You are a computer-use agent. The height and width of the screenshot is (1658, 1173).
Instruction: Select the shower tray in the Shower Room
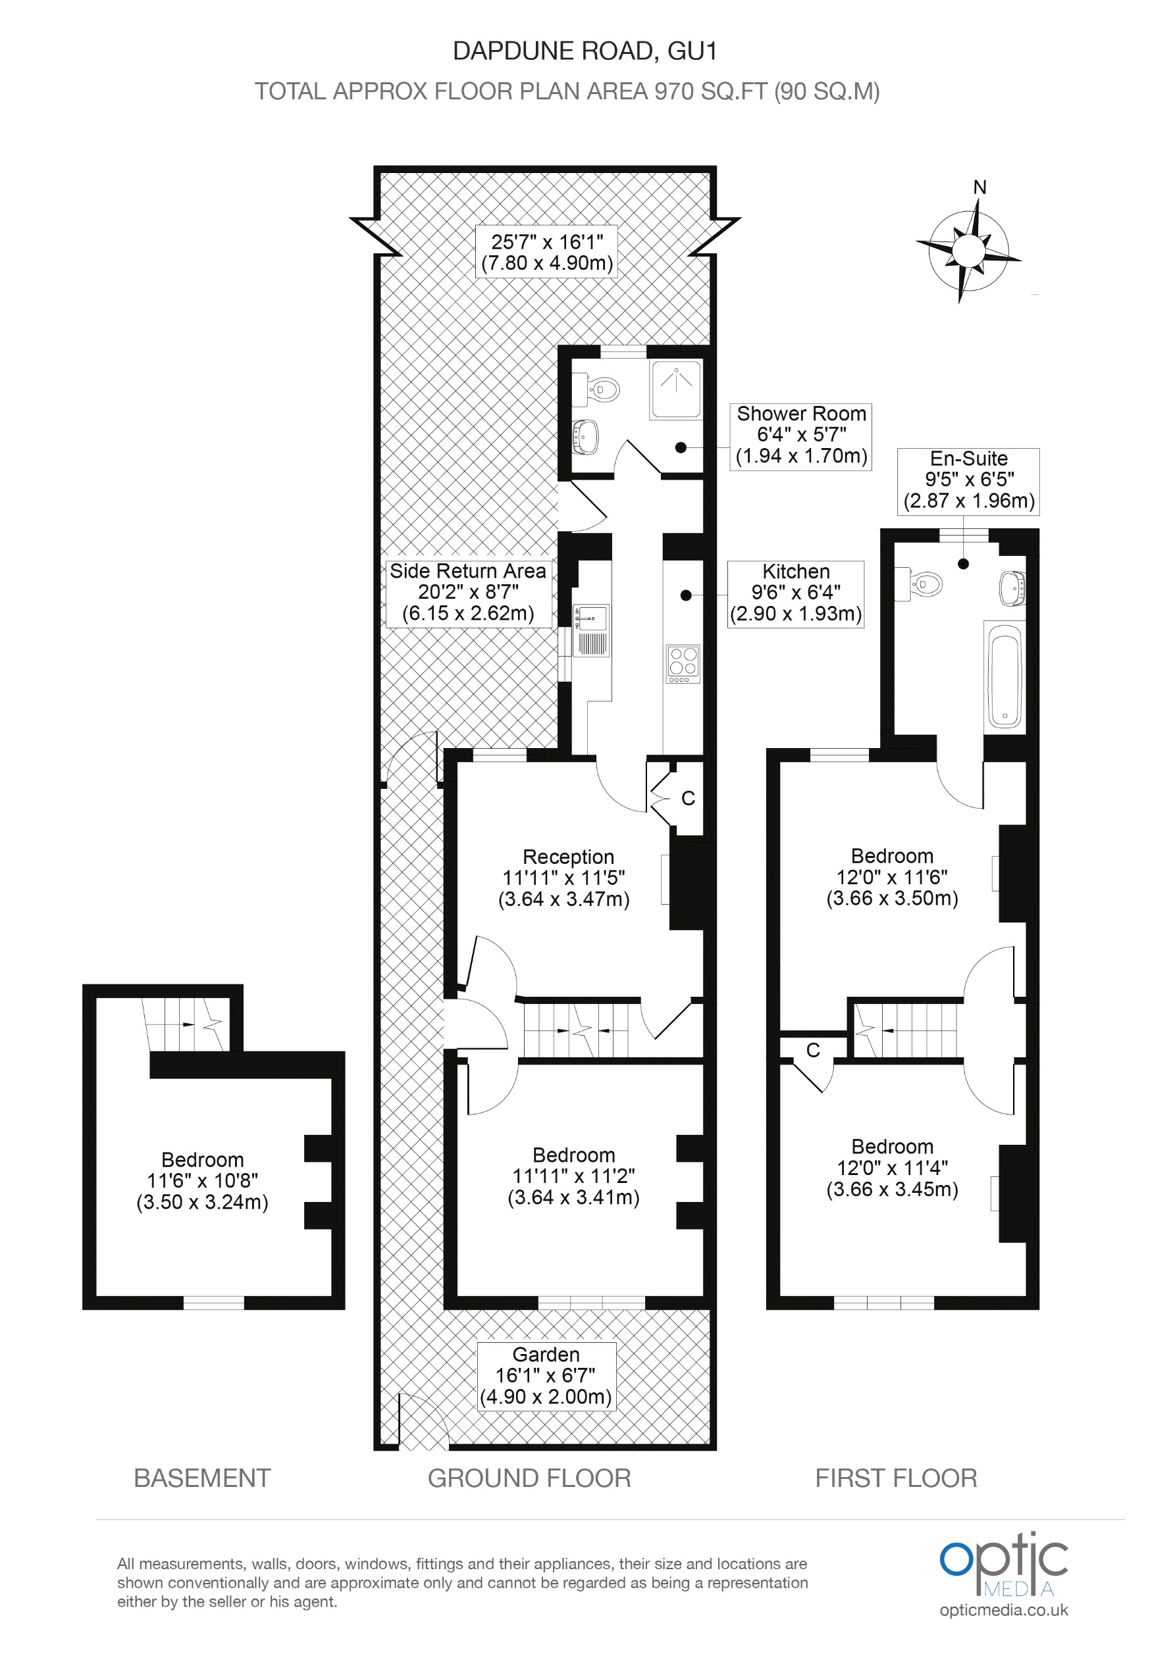(675, 389)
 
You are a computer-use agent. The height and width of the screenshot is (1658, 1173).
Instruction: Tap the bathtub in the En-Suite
(1004, 676)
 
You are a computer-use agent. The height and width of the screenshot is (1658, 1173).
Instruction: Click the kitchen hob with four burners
(683, 663)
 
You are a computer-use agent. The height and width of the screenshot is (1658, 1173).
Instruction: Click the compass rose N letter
(979, 187)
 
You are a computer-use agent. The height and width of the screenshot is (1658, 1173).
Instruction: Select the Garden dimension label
(547, 1375)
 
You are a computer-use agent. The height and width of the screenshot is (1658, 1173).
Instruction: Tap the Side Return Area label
(468, 591)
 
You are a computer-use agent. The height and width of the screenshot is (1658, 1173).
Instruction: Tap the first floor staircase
(905, 1030)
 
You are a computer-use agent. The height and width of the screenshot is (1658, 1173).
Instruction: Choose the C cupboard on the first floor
(812, 1050)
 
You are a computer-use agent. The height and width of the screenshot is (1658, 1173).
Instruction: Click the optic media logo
(1003, 1574)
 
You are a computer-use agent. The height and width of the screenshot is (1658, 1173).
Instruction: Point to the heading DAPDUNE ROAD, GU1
(585, 51)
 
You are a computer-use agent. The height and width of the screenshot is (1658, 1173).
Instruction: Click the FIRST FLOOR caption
(896, 1478)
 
